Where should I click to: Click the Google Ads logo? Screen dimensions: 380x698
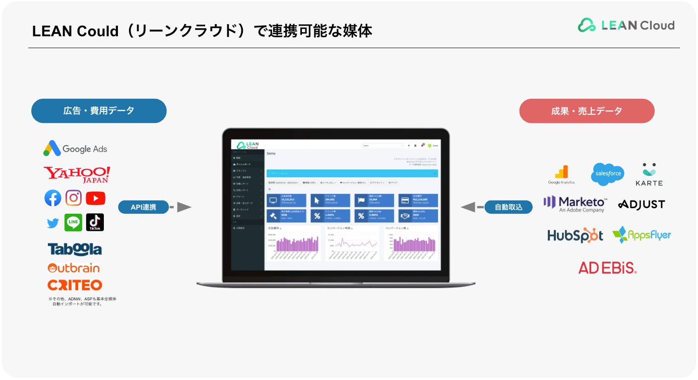(75, 149)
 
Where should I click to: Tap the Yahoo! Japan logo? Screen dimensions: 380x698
(77, 174)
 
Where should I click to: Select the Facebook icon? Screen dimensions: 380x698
(53, 199)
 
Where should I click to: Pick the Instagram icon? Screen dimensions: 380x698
(74, 198)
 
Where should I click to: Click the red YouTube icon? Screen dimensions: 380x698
(95, 199)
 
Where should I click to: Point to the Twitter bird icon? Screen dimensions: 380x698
(53, 223)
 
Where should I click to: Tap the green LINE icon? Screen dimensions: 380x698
(74, 222)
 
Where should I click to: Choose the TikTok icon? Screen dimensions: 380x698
(95, 222)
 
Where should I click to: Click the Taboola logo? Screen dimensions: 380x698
(75, 249)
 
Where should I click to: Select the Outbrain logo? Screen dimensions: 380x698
(74, 268)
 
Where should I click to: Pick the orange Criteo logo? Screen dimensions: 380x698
(75, 285)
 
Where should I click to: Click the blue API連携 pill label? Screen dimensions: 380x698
(143, 207)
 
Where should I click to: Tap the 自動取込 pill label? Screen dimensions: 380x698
(509, 207)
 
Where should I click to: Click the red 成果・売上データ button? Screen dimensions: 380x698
(587, 111)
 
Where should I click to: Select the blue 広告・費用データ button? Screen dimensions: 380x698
(99, 111)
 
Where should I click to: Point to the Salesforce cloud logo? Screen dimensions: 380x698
(607, 174)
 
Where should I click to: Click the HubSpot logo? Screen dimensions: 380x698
(575, 235)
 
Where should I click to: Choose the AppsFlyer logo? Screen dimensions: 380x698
(642, 235)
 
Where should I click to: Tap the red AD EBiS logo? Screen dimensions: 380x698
(607, 268)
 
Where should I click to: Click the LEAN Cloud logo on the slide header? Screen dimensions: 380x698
(626, 25)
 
